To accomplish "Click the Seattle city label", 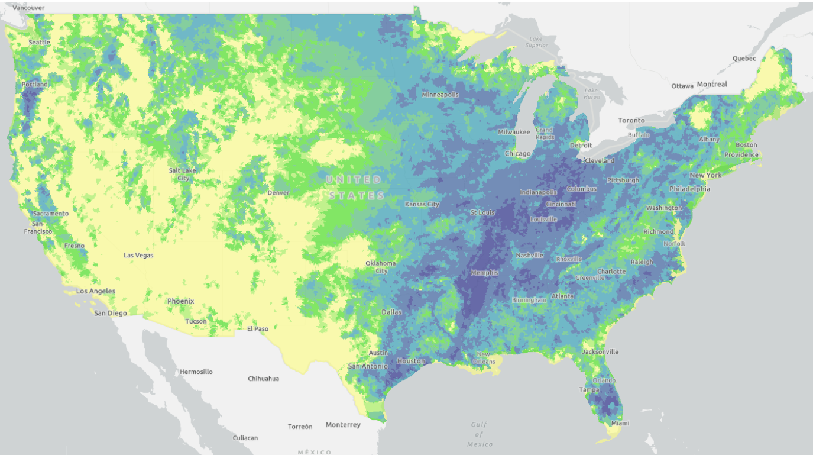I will tap(40, 43).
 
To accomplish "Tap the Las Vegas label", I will tap(138, 255).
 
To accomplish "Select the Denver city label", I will tap(278, 193).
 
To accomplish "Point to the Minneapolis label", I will tap(440, 95).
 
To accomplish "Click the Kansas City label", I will tap(422, 204).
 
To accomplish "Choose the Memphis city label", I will tap(484, 273).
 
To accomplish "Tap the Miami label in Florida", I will tap(621, 423).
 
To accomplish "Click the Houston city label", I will tap(411, 361).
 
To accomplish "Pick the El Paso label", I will tap(258, 328).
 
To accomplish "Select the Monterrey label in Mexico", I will tap(343, 425).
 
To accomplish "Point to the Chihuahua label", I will tap(264, 379).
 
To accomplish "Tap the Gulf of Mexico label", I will tap(480, 434).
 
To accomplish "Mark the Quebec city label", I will tap(744, 59).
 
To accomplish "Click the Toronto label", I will tap(631, 120).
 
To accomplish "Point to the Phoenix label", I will tap(180, 301).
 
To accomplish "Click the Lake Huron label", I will tap(592, 93).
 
